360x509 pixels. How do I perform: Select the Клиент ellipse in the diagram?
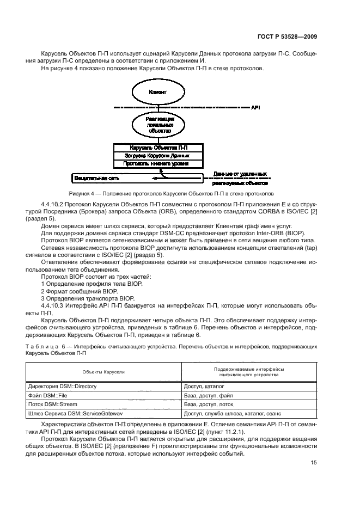[157, 93]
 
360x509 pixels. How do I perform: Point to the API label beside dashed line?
[255, 108]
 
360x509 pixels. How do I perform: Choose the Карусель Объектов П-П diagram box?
[158, 148]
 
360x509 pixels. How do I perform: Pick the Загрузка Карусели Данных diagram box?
[158, 156]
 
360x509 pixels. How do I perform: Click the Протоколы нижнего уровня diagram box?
[158, 164]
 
